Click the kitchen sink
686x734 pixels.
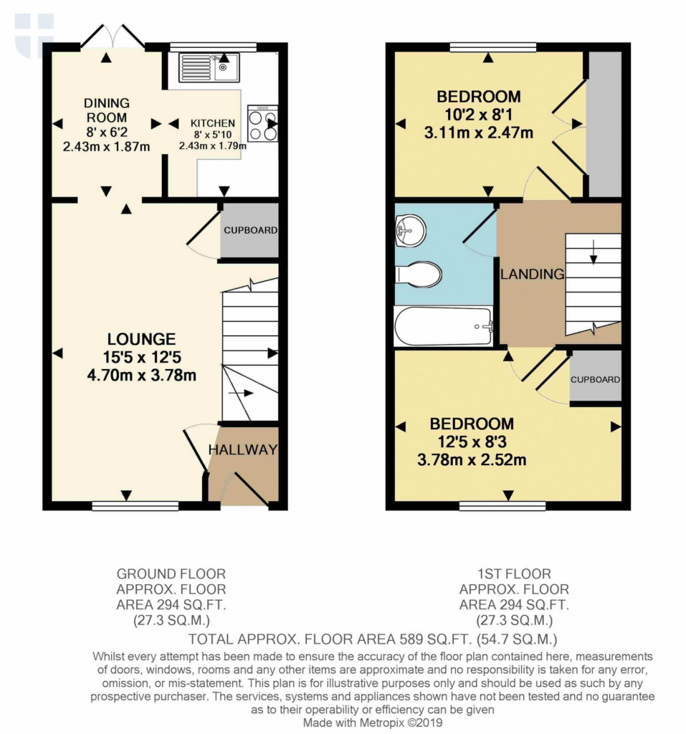point(205,68)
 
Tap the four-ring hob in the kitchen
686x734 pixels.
point(262,123)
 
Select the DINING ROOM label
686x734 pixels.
point(106,110)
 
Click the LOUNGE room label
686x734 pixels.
point(142,339)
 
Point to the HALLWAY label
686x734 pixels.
point(242,450)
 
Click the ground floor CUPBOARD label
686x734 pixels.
point(250,231)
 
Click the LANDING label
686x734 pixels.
point(533,274)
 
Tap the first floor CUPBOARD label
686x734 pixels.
point(596,379)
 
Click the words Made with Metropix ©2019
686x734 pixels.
point(373,723)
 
